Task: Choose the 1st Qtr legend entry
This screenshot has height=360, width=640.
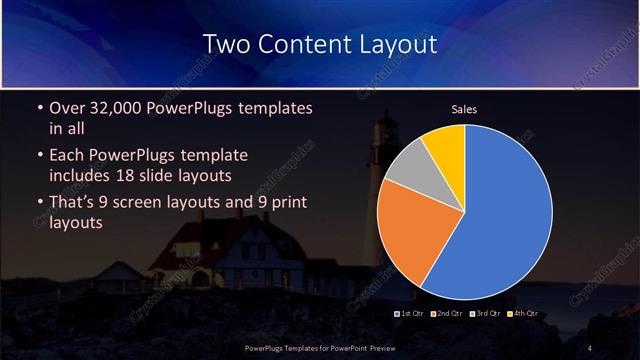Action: click(412, 315)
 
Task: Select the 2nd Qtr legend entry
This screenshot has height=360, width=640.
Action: click(447, 315)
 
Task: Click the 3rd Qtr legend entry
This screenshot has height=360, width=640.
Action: click(485, 315)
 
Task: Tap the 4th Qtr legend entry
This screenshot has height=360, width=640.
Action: click(523, 315)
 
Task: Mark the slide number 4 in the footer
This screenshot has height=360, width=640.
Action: click(590, 347)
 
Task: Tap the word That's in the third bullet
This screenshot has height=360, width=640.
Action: click(73, 204)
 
